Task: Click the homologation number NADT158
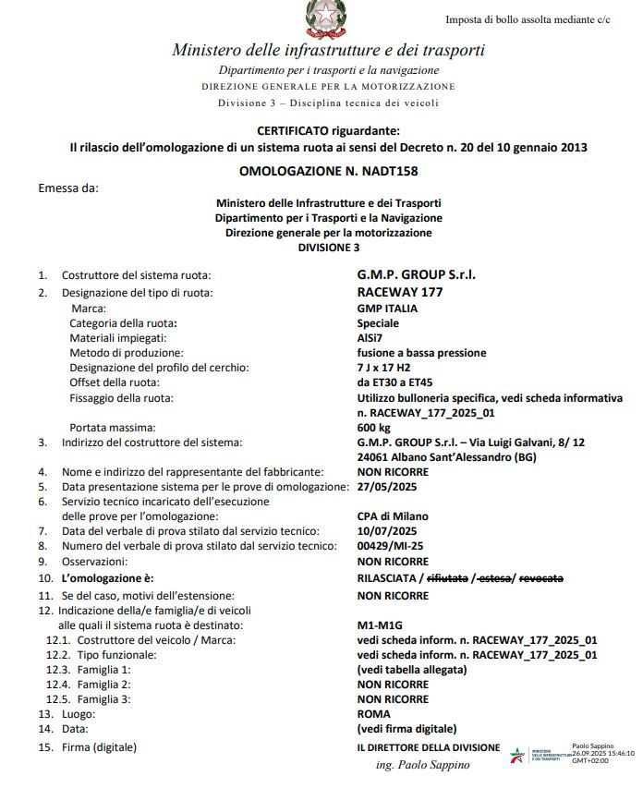coord(381,172)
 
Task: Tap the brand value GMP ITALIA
coord(387,309)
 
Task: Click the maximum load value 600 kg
coord(375,428)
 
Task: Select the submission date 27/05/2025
coord(388,486)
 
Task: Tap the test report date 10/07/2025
coord(388,530)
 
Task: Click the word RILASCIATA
coord(386,577)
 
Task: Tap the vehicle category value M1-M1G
coord(379,624)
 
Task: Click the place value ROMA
coord(373,714)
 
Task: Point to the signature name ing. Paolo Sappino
coord(423,765)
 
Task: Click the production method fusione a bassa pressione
coord(421,353)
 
